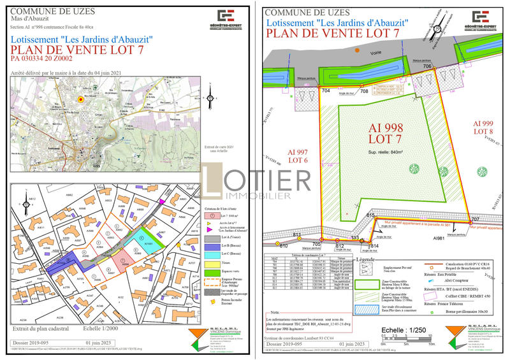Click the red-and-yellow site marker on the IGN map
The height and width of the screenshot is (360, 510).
[80, 99]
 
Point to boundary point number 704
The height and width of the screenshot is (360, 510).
[326, 91]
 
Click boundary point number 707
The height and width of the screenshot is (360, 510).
[474, 220]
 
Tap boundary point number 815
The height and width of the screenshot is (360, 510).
[370, 216]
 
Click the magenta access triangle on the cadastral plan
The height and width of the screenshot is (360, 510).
[162, 201]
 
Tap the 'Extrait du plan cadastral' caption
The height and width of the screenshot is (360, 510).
[43, 329]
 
